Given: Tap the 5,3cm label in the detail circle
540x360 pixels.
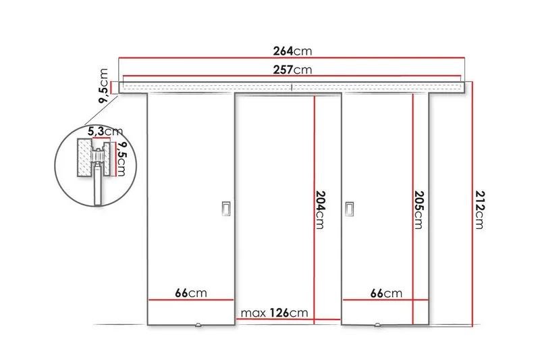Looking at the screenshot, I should pyautogui.click(x=103, y=130).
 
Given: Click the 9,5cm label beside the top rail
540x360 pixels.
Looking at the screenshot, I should pyautogui.click(x=104, y=85).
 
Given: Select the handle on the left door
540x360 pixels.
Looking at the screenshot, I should pyautogui.click(x=225, y=209).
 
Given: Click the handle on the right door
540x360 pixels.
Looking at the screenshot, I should pyautogui.click(x=350, y=209).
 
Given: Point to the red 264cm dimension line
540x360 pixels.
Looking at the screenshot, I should pyautogui.click(x=202, y=58).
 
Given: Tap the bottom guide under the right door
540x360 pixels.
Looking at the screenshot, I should pyautogui.click(x=377, y=326).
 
